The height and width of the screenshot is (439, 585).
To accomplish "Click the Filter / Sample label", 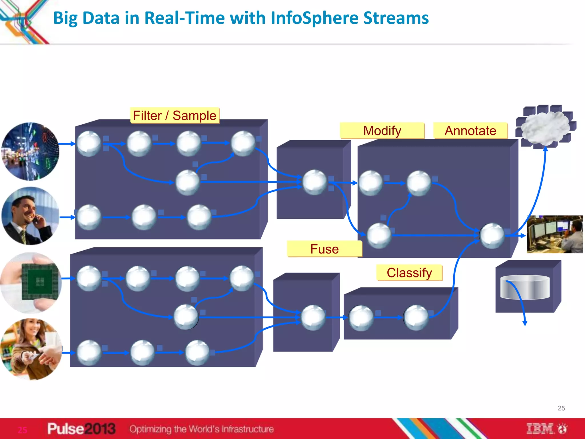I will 175,115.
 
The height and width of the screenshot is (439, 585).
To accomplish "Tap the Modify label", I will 382,131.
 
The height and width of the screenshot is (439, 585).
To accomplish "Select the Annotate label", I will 470,131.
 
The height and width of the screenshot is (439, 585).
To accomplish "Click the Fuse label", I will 324,249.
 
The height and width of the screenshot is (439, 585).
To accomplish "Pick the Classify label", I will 409,273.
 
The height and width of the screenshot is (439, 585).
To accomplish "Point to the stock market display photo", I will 30,151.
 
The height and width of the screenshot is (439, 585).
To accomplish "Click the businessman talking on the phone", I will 30,216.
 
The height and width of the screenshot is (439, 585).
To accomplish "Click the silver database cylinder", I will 525,287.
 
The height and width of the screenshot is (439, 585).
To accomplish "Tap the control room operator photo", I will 554,234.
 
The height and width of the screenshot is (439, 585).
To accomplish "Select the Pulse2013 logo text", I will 81,429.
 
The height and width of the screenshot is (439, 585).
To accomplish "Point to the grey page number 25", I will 561,408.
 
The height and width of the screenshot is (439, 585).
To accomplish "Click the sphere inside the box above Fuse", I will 314,182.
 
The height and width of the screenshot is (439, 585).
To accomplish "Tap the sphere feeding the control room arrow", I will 492,236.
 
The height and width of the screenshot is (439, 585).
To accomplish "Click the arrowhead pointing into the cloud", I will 545,149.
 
